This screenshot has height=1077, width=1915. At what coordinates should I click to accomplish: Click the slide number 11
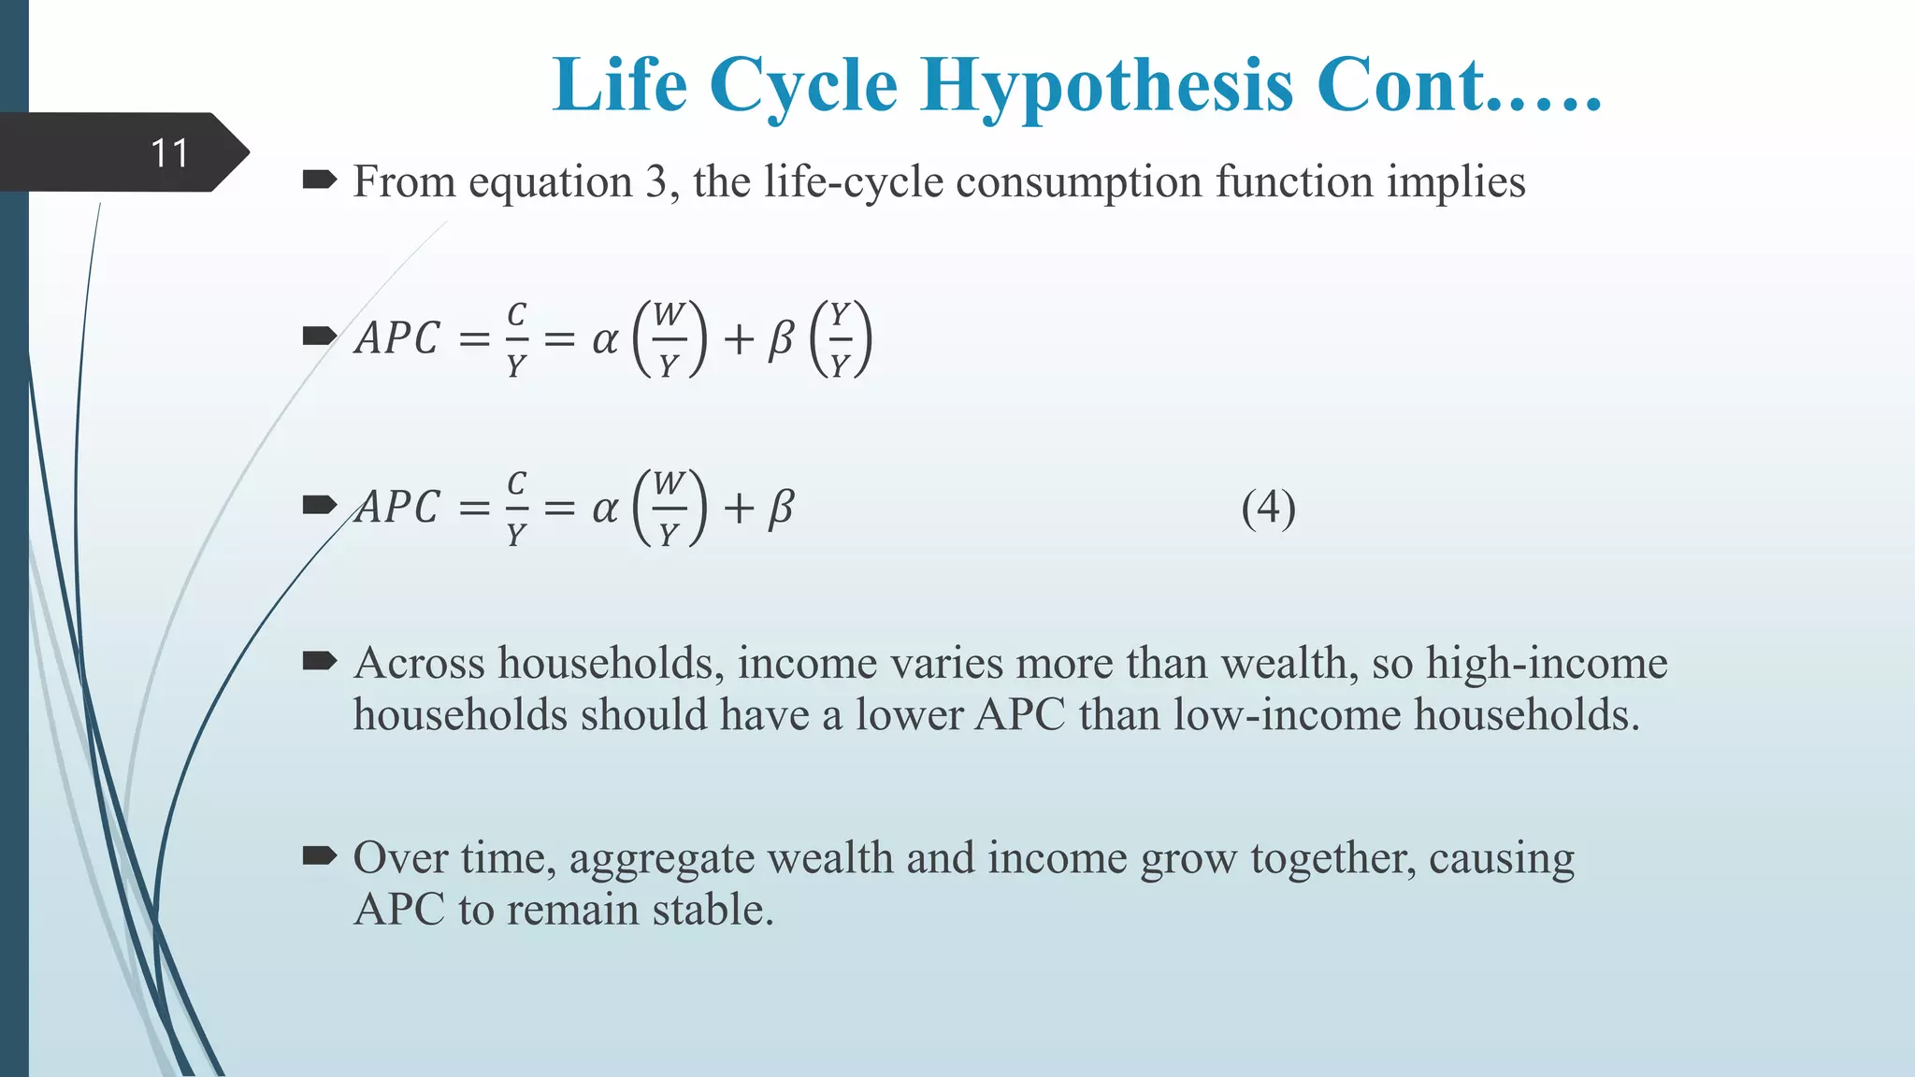169,153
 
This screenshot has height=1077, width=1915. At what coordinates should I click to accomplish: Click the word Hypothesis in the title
1107,86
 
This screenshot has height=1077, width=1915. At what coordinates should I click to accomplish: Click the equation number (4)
1268,509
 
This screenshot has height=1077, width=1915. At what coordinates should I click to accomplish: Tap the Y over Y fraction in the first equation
840,338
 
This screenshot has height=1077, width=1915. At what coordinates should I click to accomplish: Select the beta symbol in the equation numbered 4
781,509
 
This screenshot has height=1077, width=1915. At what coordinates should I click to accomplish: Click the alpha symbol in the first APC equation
605,339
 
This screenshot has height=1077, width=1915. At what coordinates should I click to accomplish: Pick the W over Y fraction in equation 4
668,509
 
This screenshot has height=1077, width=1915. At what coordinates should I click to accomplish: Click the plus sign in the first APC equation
738,339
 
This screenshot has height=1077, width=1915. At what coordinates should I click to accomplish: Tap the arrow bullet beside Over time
319,855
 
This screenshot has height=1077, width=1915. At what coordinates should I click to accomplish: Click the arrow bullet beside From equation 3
319,179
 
